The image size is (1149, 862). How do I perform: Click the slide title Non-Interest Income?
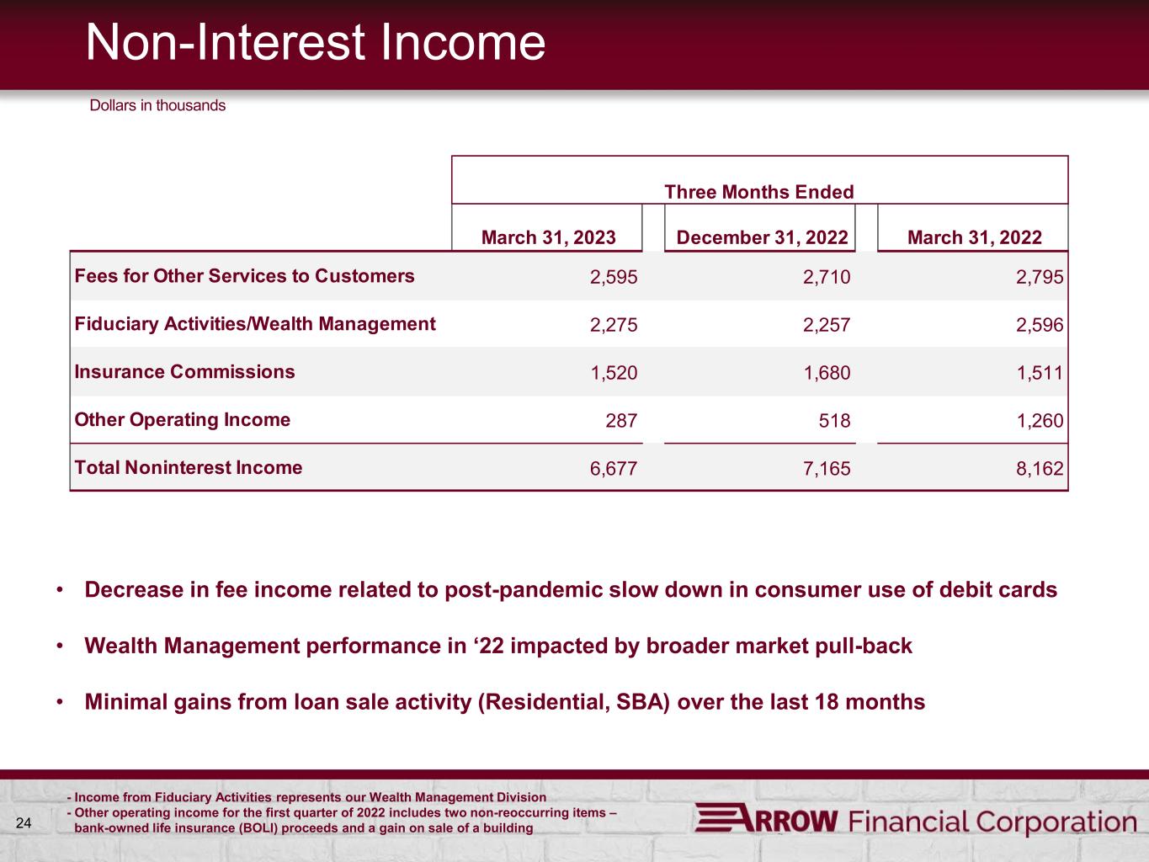(x=315, y=42)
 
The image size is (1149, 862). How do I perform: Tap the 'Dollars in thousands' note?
(x=157, y=105)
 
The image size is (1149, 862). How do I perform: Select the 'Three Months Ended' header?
(x=759, y=192)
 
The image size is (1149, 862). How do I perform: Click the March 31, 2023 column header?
(x=548, y=237)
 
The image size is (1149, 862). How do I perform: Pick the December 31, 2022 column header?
(x=762, y=237)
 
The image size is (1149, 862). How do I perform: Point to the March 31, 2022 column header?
(x=974, y=237)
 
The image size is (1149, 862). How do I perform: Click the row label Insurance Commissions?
(x=185, y=371)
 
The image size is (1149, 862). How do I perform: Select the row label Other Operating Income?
(x=182, y=420)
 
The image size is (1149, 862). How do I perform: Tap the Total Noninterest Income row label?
(x=189, y=467)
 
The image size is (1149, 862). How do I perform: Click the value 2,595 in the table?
(x=614, y=277)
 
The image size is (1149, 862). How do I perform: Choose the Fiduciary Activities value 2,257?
(x=827, y=325)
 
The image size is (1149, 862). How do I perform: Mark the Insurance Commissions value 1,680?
(x=827, y=373)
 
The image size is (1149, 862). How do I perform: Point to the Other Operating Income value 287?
(x=621, y=420)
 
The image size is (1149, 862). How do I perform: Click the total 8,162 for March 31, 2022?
(x=1040, y=468)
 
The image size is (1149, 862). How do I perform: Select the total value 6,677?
(x=614, y=468)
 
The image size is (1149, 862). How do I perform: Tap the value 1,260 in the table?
(x=1040, y=420)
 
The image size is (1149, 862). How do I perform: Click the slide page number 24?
(x=24, y=823)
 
